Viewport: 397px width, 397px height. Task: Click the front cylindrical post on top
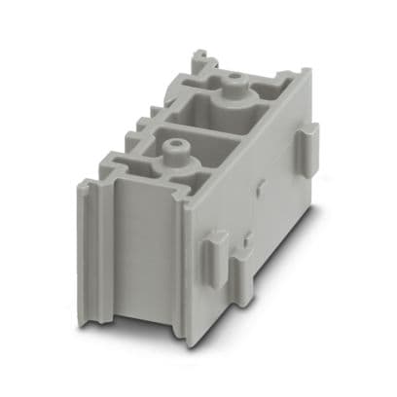pos(173,152)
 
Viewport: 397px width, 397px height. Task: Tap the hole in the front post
pos(173,146)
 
